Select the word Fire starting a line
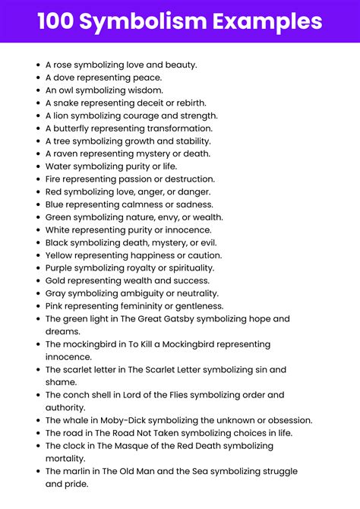55,179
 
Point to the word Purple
61,268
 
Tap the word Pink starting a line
55,306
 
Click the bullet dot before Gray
38,293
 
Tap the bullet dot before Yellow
38,255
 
